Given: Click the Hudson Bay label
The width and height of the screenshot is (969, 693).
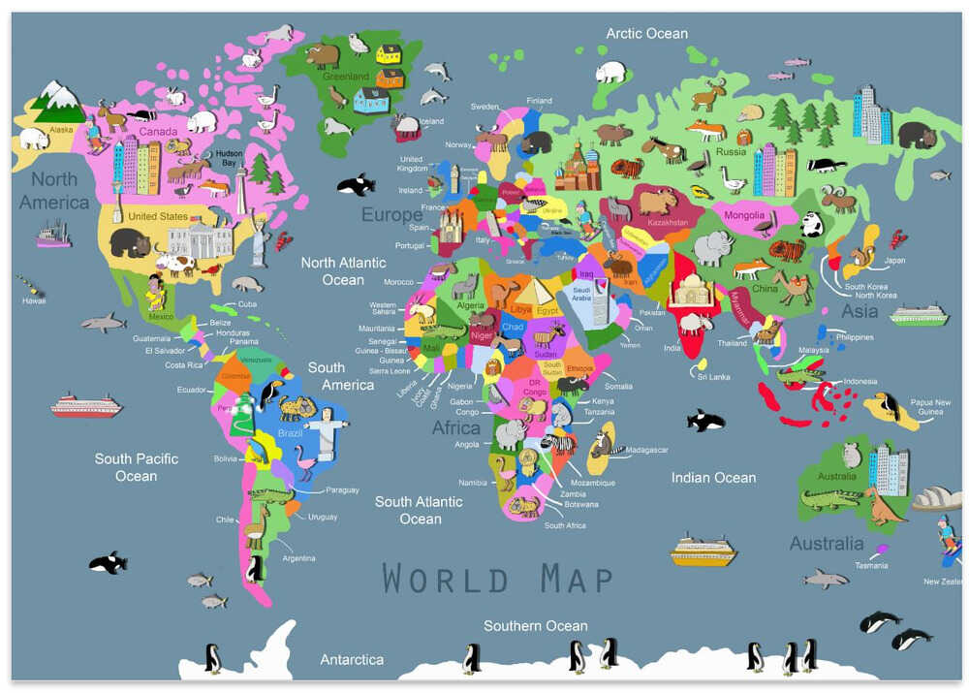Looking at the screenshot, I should [x=230, y=157].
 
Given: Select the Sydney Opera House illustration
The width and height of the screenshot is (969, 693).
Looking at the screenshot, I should [x=936, y=499].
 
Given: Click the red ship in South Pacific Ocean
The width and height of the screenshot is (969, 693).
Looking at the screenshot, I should [x=86, y=405].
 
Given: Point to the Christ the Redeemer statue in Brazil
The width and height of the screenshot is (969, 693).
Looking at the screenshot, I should [x=330, y=427].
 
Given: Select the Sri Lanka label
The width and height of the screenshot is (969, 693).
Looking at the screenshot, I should [x=713, y=376].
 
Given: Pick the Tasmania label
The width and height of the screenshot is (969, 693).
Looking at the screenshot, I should [x=870, y=565].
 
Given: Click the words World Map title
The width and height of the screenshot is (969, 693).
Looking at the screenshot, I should [x=497, y=579].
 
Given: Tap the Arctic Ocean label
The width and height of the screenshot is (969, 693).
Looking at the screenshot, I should [x=646, y=33].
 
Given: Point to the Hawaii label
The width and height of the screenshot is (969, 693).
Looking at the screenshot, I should [x=33, y=300].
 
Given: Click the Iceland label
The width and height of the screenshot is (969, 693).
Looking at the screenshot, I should [x=431, y=121].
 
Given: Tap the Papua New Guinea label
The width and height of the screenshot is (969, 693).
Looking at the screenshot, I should [x=929, y=407].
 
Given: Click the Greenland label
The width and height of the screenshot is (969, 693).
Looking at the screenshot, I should [x=346, y=76].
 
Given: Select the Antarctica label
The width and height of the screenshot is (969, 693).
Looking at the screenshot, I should [x=352, y=659].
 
